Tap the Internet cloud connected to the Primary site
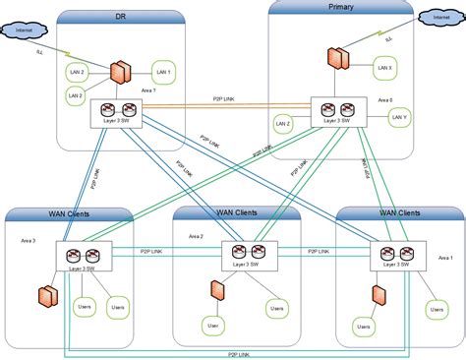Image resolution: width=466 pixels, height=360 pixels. [x=437, y=17]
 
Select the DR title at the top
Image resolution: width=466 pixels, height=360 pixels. [x=120, y=17]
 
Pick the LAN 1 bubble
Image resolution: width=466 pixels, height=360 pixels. [x=163, y=71]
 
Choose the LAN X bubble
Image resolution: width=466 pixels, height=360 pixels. [x=385, y=68]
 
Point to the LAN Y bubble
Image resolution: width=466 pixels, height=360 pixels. [x=398, y=117]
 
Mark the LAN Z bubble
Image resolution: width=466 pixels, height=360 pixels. [x=283, y=124]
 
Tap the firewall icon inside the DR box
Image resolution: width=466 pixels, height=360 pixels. [x=120, y=73]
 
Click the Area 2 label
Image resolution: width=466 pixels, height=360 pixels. [x=195, y=236]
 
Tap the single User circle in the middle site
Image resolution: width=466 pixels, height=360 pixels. [x=211, y=325]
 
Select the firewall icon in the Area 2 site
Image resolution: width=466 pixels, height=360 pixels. [x=215, y=292]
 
